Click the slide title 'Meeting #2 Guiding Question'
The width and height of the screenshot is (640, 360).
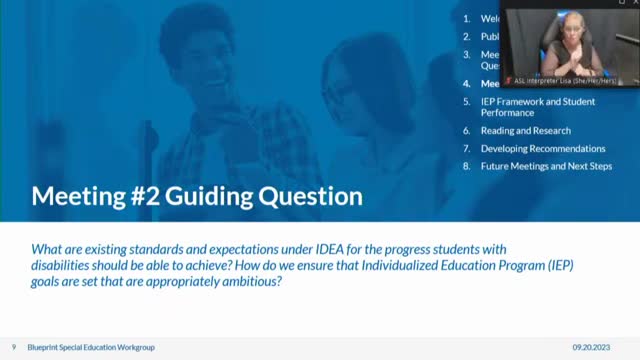click(x=196, y=196)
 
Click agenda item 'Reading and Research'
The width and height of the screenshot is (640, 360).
click(x=525, y=131)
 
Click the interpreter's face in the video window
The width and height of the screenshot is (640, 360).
click(x=555, y=27)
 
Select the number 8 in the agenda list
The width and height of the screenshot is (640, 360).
click(x=466, y=166)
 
